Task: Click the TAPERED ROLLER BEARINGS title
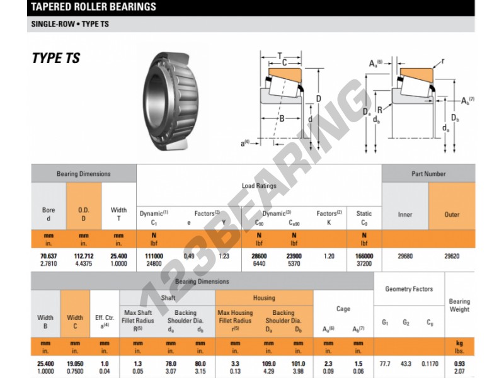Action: click(93, 8)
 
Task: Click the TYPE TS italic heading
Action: click(56, 59)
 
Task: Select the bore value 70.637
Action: click(49, 256)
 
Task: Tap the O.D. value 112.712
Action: click(84, 256)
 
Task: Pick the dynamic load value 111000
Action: click(154, 256)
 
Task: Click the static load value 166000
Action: click(364, 256)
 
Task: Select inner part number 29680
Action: click(405, 256)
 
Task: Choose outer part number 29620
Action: click(452, 256)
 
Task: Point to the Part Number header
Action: click(428, 174)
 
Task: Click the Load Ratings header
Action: click(259, 186)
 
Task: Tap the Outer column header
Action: click(452, 214)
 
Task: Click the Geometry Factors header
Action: click(409, 289)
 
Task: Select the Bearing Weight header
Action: click(459, 306)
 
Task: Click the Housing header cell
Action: click(264, 298)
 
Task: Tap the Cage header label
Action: click(343, 309)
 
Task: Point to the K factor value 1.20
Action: click(329, 256)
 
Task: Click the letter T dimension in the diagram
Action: click(280, 56)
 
